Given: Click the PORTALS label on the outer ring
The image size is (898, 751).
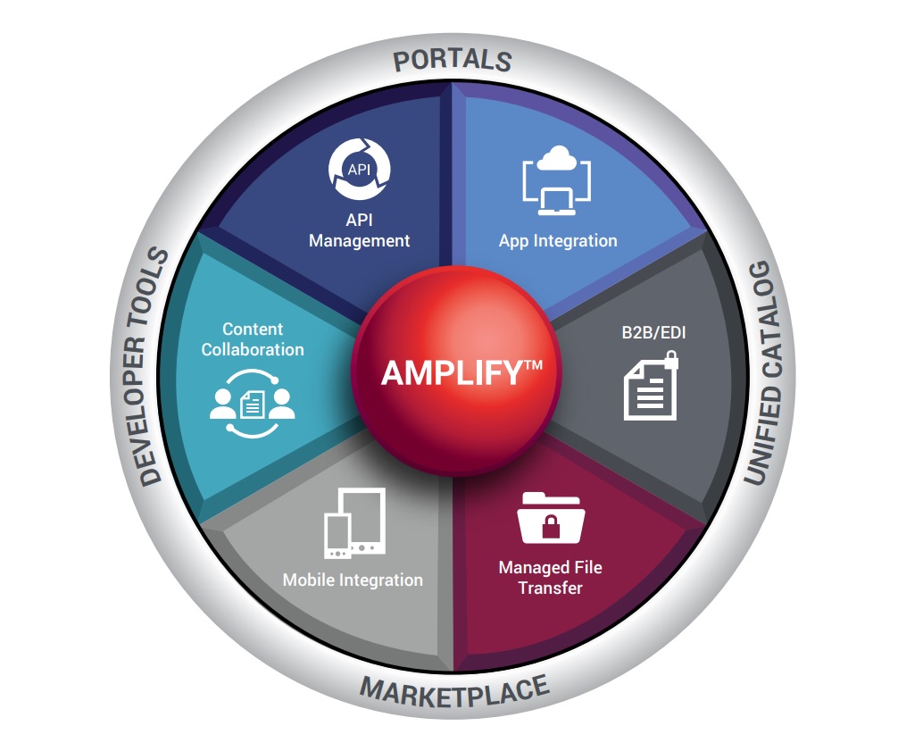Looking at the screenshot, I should (453, 61).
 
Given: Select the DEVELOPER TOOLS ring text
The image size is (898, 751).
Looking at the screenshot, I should (154, 366).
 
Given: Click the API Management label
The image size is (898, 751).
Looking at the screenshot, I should (359, 230).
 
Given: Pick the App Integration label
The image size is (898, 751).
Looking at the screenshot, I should (558, 240).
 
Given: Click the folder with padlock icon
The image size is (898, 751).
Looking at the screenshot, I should (551, 518).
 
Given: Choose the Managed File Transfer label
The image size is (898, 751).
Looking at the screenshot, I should (550, 577).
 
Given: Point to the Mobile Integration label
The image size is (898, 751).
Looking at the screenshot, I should (353, 580).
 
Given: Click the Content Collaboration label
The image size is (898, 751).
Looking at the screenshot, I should (253, 339).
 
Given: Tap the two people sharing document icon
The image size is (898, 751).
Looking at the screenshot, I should (252, 402).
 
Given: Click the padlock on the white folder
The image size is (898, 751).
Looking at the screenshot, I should (552, 527).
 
